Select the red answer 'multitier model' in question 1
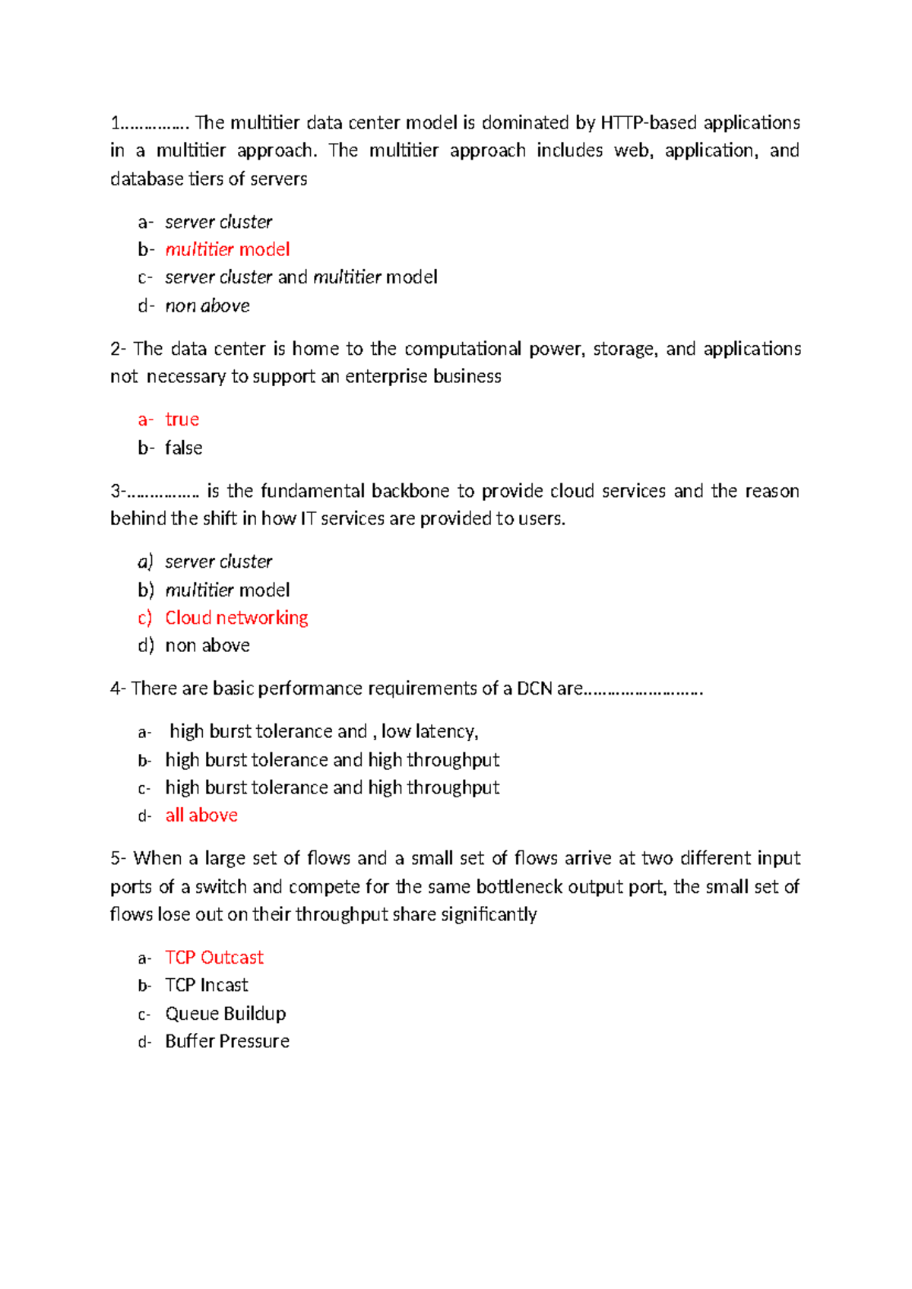[227, 249]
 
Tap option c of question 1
[300, 277]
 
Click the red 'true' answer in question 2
[182, 420]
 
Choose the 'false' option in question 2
[183, 448]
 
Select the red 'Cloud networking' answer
[236, 618]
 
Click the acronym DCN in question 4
[534, 689]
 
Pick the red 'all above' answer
[201, 816]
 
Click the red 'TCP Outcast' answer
[214, 958]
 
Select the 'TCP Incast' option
[207, 986]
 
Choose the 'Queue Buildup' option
[226, 1014]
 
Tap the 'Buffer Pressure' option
[227, 1041]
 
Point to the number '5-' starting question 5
[119, 859]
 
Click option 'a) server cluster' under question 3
[218, 562]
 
